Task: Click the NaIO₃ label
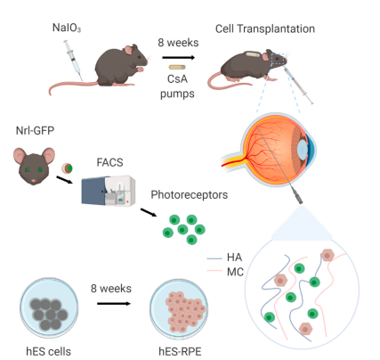point(67,28)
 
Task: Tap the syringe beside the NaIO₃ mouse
point(73,61)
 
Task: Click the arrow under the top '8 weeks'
point(179,57)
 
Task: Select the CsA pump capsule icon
point(177,67)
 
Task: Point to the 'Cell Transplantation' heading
point(265,29)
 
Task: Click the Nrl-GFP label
point(35,130)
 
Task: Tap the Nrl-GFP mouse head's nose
point(34,181)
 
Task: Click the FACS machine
point(109,191)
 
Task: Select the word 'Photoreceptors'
point(190,195)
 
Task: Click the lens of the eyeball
point(303,147)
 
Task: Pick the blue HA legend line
point(214,258)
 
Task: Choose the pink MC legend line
point(214,271)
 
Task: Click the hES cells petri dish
point(49,309)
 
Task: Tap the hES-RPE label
point(180,352)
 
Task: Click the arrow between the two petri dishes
point(114,304)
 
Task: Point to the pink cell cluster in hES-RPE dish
point(185,312)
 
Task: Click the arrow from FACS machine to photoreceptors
point(149,212)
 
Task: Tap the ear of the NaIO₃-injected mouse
point(128,50)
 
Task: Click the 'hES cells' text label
point(49,352)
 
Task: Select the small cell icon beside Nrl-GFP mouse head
point(68,168)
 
